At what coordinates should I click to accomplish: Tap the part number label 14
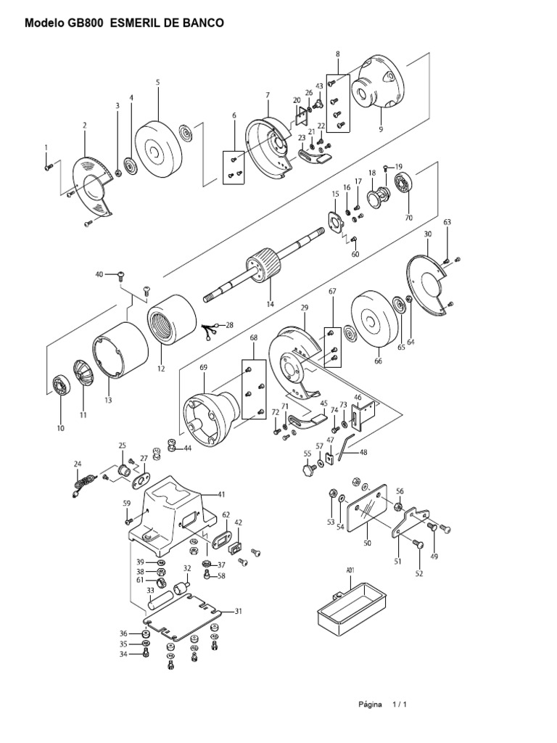pyautogui.click(x=271, y=304)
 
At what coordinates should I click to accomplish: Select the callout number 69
pyautogui.click(x=204, y=368)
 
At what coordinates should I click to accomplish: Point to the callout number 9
pyautogui.click(x=380, y=130)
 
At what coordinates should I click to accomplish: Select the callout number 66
pyautogui.click(x=378, y=360)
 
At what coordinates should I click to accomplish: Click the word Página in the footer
pyautogui.click(x=369, y=704)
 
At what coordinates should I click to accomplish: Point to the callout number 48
pyautogui.click(x=363, y=452)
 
